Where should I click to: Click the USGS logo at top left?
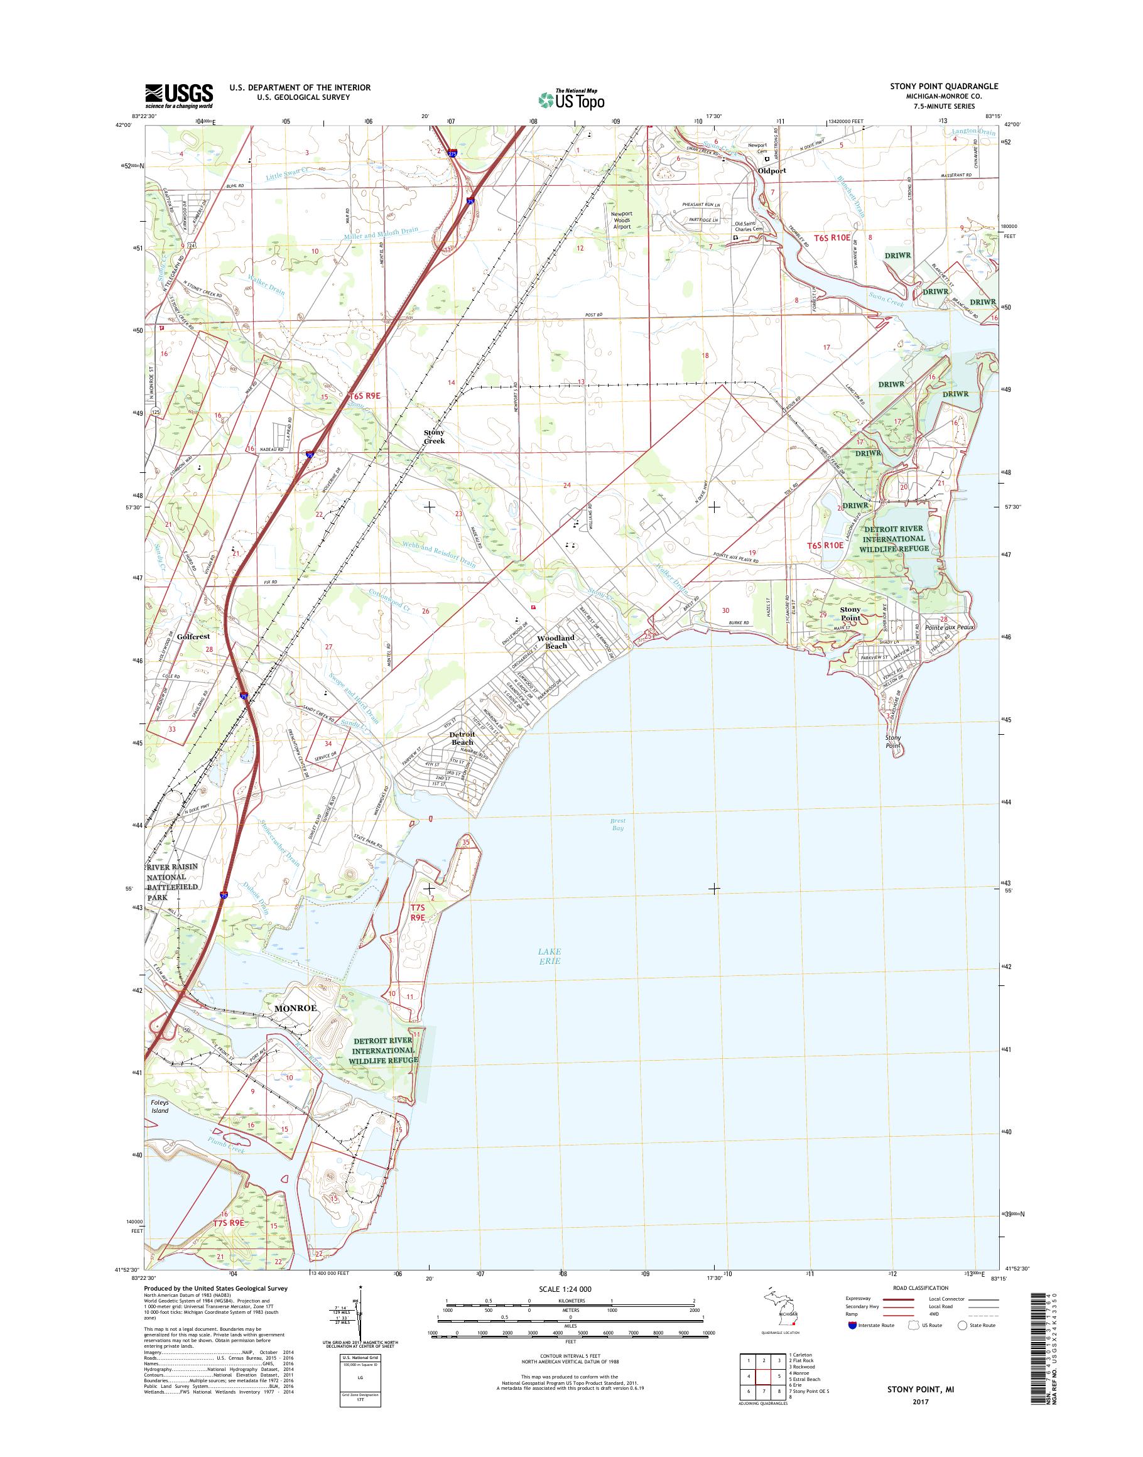(x=179, y=95)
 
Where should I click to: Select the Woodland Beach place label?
(x=555, y=641)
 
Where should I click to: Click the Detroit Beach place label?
(x=462, y=738)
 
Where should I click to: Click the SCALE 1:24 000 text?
(x=565, y=1288)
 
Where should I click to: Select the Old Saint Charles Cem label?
(x=748, y=226)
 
